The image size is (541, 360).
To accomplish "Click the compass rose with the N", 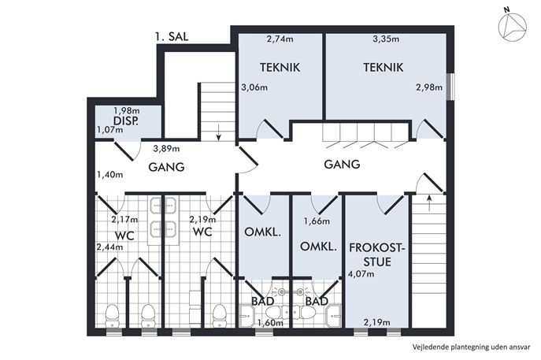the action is coord(513,25).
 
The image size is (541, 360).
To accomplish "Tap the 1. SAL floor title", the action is coord(172,36).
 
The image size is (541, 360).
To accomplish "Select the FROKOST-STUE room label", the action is coord(376,254).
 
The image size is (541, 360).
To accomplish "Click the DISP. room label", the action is coord(126,121).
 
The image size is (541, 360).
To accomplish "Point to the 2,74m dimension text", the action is coord(280,39).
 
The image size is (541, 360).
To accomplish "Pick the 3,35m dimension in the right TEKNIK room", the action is coord(386,39).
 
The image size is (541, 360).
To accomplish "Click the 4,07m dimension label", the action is coord(361,274).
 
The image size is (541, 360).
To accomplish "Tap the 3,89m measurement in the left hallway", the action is coord(167,149).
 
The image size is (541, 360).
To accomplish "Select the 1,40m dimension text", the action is coord(109,174).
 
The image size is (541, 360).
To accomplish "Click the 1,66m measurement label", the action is coord(317,221).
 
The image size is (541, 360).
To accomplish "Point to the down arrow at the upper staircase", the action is coord(218,132).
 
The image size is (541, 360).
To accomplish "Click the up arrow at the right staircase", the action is coord(429,203).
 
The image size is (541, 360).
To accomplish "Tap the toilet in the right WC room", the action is coord(219,315).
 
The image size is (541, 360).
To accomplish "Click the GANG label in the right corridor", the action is coord(342,164).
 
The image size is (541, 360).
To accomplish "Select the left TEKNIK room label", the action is coord(280,67).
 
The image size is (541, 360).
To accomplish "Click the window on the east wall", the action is coord(450,87).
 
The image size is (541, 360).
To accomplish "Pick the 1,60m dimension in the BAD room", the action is coord(270,323).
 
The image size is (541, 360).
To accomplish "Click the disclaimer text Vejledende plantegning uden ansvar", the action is coord(471,347).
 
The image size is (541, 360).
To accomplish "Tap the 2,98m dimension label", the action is coord(429,87).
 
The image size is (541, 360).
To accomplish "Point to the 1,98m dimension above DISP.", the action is coord(127,111).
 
